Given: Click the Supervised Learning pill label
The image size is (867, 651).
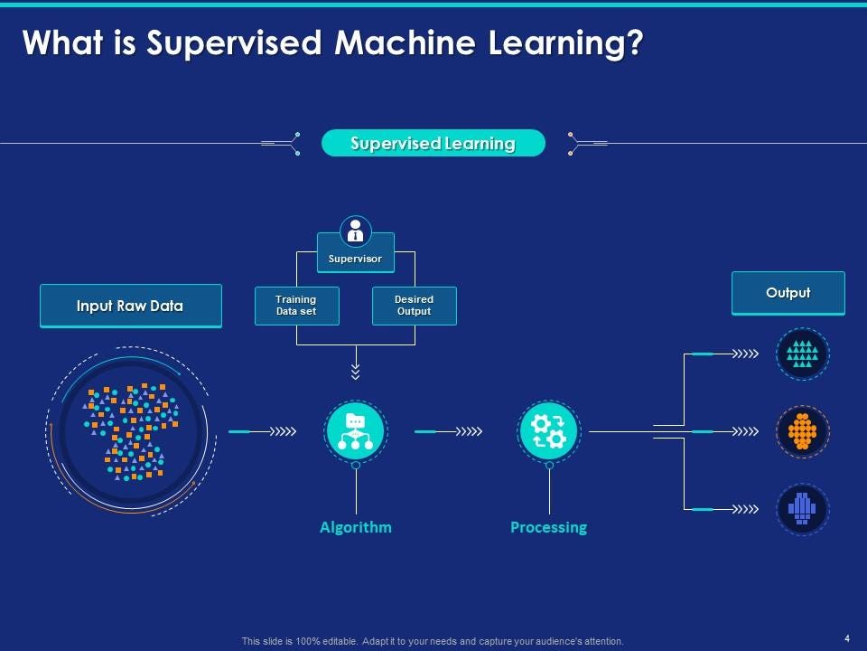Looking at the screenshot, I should pos(433,143).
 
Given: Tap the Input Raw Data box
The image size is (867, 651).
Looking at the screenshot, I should pos(130,306).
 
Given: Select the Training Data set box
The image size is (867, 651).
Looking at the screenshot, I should pos(296,306).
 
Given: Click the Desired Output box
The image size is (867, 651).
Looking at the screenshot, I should pos(414,306).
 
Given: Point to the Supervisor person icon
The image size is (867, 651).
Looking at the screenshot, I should pos(356,231).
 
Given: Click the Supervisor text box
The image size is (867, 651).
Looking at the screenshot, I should pos(356,259).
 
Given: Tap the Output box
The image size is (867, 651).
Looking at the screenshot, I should pos(788,293).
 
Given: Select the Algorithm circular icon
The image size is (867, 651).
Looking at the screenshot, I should pos(356,431).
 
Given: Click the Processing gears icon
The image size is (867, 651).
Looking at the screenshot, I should pos(548,431).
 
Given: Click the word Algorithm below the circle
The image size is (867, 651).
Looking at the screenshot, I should pos(356,527).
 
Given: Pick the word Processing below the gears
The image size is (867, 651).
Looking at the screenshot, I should pos(548,527).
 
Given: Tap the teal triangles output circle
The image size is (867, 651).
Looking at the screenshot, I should pos(802,354).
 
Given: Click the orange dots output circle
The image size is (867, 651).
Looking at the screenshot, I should pos(802,431).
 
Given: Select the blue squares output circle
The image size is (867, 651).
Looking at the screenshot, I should pos(802,509).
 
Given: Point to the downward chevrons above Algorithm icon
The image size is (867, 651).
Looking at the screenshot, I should pos(356,372).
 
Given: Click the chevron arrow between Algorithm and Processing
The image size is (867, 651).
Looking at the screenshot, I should pos(469,431).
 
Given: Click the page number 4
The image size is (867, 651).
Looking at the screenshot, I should pos(846,638).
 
